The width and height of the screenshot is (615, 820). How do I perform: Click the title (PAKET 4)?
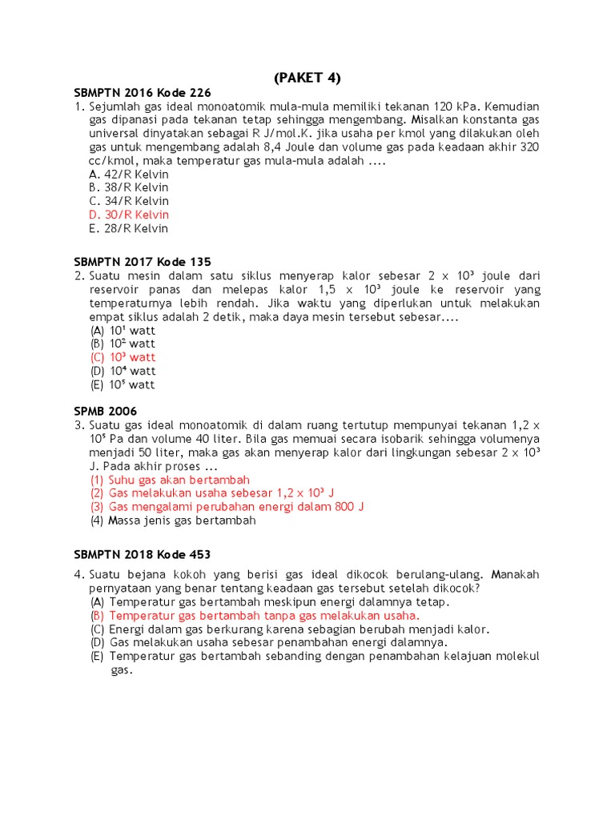[x=307, y=78]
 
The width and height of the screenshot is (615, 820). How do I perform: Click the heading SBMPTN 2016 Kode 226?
[x=142, y=92]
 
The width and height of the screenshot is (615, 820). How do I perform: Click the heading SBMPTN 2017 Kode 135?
[x=142, y=262]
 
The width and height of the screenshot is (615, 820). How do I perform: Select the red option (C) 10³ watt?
[x=123, y=357]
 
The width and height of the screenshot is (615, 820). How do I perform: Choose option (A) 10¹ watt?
[x=123, y=330]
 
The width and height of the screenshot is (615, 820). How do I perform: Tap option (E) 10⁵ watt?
[x=123, y=384]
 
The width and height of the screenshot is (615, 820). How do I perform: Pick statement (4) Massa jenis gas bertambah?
[x=172, y=521]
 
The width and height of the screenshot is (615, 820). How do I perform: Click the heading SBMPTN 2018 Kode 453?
[x=142, y=554]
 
